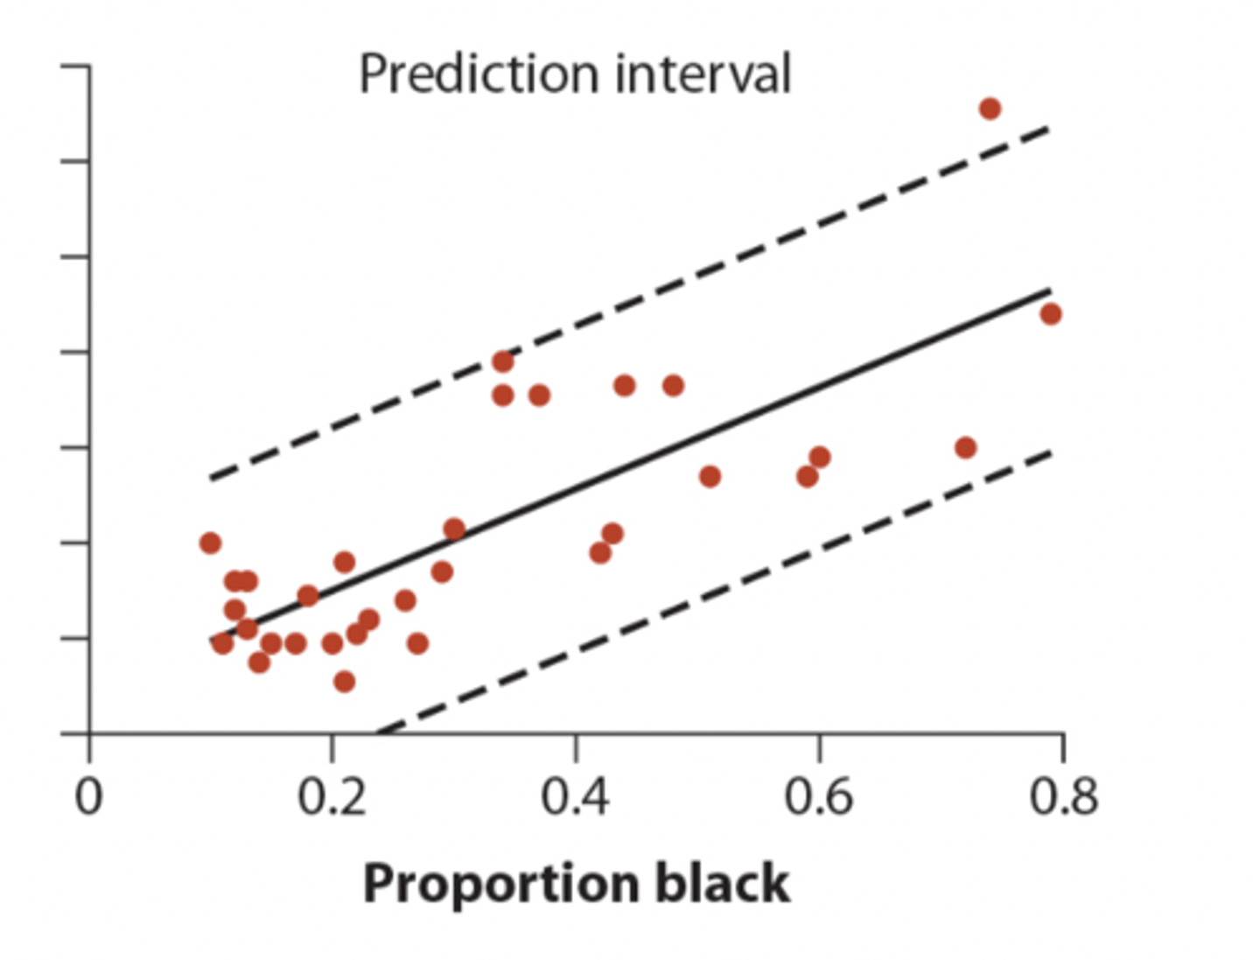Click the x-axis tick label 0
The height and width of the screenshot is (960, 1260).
(88, 797)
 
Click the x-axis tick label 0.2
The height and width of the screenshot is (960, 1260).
(332, 797)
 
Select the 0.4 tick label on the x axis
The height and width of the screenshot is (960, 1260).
(575, 797)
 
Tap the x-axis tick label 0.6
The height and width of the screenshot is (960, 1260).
(818, 797)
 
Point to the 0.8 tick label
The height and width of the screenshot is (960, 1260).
(1062, 797)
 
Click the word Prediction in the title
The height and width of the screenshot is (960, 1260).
(480, 74)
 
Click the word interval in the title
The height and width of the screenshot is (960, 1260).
(703, 74)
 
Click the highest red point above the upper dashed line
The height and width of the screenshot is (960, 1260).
(990, 109)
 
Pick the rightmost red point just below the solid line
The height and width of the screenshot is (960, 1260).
(1051, 313)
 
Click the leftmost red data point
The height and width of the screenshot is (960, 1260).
(210, 543)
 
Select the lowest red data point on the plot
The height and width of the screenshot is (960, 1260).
(344, 681)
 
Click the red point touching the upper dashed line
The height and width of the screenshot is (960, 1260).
(502, 361)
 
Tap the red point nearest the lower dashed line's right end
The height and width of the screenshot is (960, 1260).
(965, 448)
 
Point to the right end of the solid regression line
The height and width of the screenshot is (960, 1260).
(1049, 290)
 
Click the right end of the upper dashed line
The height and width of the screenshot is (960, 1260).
(1048, 130)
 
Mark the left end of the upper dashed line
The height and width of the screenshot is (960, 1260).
(211, 479)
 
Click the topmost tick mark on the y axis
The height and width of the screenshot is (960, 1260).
(75, 66)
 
